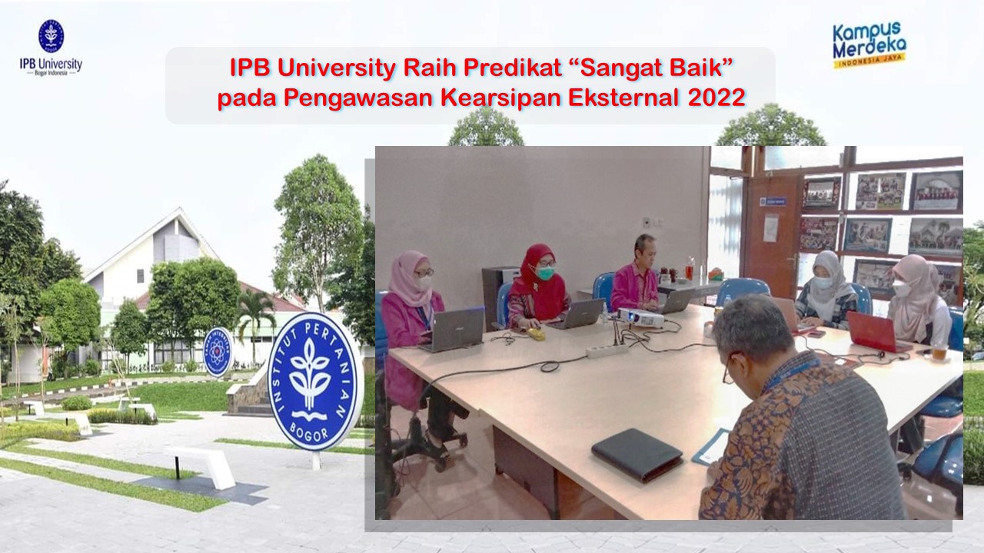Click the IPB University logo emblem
(x=51, y=35)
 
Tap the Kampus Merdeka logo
(x=869, y=45)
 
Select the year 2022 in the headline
(x=716, y=98)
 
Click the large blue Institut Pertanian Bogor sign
(x=314, y=381)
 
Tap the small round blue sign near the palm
(x=218, y=352)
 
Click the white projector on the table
(x=640, y=317)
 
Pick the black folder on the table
(x=637, y=455)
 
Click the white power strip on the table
(x=607, y=350)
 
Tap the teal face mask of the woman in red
(x=545, y=273)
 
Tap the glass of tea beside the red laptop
(x=939, y=351)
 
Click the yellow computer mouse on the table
(x=536, y=334)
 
